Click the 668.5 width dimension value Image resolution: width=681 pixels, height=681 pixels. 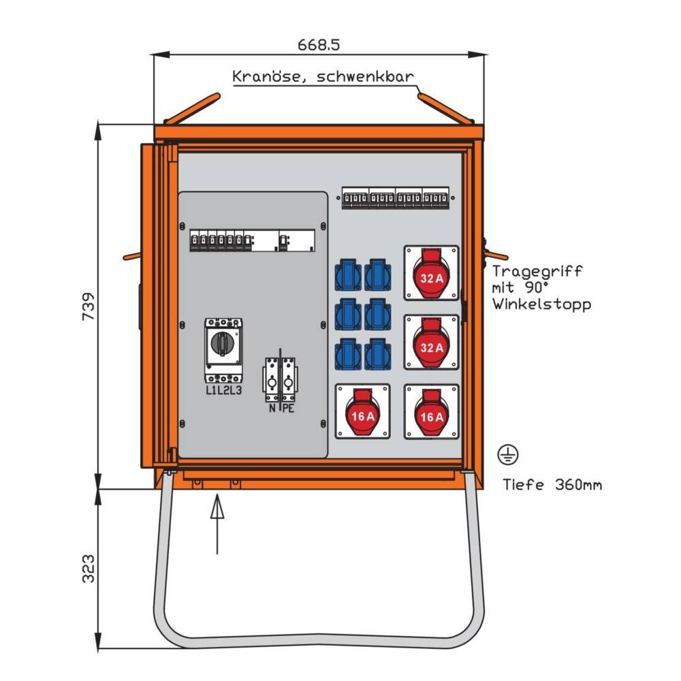[x=319, y=45]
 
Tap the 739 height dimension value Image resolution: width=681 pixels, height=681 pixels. [x=88, y=306]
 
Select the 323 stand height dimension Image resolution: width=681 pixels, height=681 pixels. [x=88, y=568]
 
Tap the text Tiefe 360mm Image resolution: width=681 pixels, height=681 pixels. [x=552, y=485]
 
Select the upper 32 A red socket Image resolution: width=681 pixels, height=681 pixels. [x=431, y=273]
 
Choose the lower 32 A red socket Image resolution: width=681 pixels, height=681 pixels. [x=431, y=343]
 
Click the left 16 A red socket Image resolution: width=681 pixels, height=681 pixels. [x=363, y=411]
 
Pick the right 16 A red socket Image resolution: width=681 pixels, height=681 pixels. [x=431, y=411]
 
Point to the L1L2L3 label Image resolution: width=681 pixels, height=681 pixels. [x=223, y=390]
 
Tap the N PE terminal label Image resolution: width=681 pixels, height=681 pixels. [x=280, y=409]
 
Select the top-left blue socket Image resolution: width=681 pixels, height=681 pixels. [x=348, y=274]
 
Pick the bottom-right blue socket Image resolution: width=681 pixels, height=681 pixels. [x=377, y=354]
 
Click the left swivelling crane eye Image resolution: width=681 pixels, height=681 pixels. [x=193, y=108]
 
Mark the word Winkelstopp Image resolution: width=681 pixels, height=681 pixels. [x=541, y=304]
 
